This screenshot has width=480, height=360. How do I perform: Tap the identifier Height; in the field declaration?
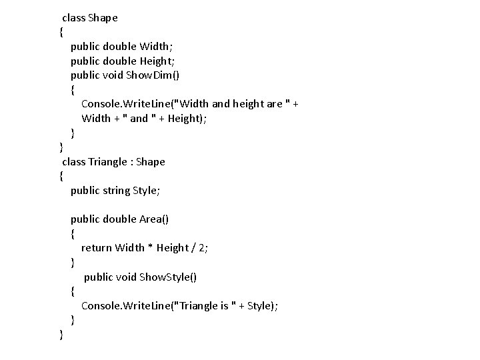(x=159, y=61)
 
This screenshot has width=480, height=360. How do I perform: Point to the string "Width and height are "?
(x=231, y=104)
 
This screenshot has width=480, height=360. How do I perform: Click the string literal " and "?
(x=139, y=119)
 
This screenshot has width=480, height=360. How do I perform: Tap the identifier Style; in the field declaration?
(x=147, y=191)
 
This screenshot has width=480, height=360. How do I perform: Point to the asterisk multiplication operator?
(x=151, y=248)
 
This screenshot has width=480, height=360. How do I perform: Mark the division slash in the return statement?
(x=193, y=248)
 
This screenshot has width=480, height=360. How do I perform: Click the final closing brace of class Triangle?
(x=61, y=334)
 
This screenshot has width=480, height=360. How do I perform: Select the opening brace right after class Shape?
(x=61, y=32)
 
